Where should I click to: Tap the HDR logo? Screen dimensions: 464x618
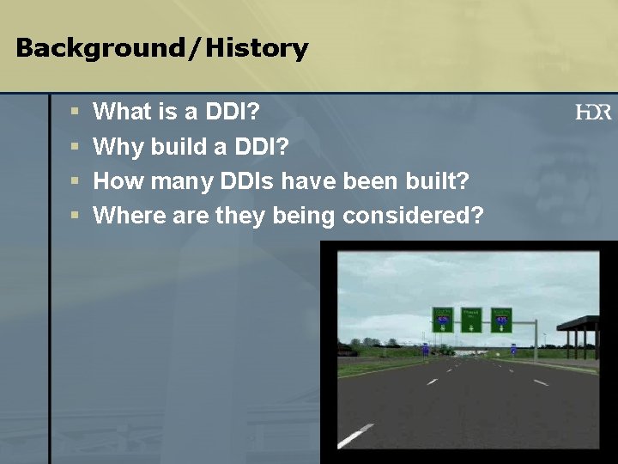click(593, 112)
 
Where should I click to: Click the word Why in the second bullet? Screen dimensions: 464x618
click(118, 146)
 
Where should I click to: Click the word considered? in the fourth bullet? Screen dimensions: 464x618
click(413, 215)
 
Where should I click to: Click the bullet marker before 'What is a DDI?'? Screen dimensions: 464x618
click(75, 112)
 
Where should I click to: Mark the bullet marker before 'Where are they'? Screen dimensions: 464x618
click(75, 216)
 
